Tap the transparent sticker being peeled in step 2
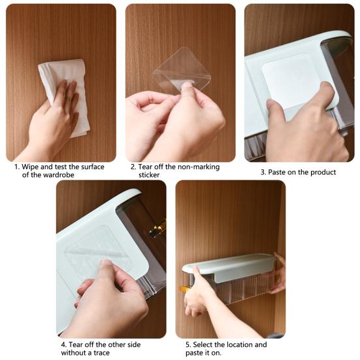182,70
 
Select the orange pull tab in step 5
184,289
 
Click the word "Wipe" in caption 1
30,167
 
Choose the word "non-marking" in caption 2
199,167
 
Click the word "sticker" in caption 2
149,175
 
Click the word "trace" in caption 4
101,352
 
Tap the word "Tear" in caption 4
76,344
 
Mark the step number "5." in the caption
188,344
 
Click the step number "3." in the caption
263,172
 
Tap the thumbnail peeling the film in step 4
106,262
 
